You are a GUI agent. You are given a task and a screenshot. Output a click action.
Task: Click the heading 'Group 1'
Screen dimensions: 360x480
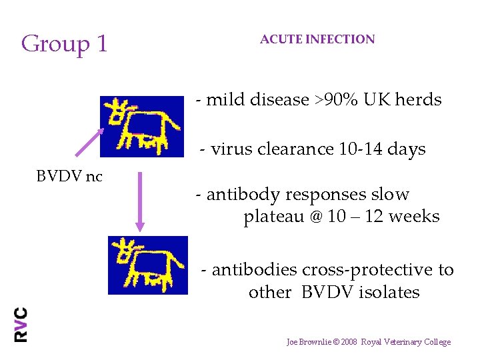64,44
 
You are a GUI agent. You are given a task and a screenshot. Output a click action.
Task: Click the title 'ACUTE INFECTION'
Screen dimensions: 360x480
317,39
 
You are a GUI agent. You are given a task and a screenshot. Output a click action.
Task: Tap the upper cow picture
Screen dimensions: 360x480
141,126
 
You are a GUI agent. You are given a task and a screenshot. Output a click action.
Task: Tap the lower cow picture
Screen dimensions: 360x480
148,265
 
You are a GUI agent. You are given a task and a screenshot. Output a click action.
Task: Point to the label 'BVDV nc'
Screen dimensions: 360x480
69,177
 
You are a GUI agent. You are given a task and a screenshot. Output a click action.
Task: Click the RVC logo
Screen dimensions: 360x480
21,325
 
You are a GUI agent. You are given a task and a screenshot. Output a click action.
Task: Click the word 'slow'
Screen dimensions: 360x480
392,195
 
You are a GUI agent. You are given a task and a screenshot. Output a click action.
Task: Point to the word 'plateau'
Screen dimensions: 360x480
272,217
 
